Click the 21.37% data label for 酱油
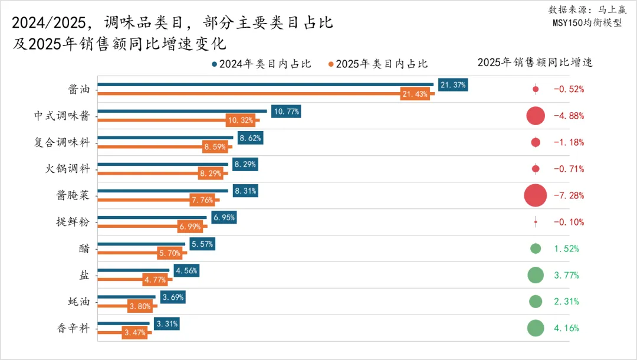(453, 85)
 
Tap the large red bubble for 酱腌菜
(535, 195)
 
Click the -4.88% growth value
(569, 116)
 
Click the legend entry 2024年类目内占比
(261, 64)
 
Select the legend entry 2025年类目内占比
(377, 64)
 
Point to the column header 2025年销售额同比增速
(535, 63)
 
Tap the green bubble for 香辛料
(535, 328)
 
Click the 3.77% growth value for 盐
(566, 275)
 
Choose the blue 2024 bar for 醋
(141, 244)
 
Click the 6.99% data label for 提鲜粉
(192, 227)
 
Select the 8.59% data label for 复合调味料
(215, 147)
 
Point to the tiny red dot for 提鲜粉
(535, 222)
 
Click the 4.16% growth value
(566, 328)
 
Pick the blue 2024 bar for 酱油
(265, 85)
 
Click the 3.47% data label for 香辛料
(136, 333)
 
